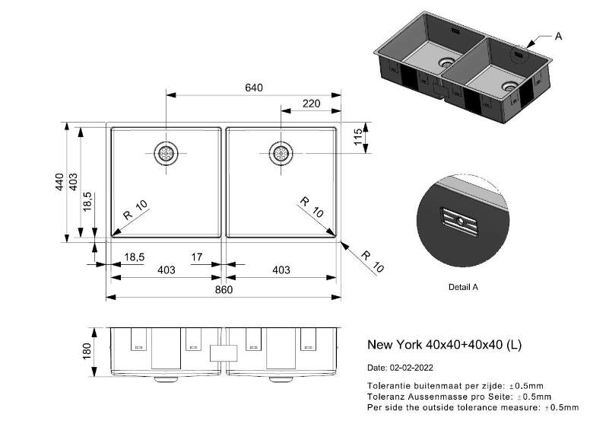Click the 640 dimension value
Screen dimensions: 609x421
pos(254,88)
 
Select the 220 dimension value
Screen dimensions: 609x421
pos(312,104)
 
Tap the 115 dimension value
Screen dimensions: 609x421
pos(358,137)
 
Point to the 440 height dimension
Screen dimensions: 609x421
pos(59,182)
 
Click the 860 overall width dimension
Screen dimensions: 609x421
pos(224,289)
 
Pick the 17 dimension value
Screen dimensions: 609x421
pos(197,257)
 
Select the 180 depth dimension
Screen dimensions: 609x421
pos(87,352)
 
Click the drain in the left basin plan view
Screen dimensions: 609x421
pos(167,153)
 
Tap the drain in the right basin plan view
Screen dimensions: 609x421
pos(281,153)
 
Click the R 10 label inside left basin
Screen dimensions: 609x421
pos(135,209)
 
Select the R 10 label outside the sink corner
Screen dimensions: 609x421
pos(373,262)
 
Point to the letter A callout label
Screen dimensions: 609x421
pos(559,36)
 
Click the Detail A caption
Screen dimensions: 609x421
pos(463,287)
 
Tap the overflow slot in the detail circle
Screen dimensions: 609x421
pos(459,222)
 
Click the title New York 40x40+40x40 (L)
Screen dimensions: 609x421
pos(444,344)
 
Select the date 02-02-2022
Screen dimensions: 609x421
pos(411,368)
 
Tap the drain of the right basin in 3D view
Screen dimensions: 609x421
pos(509,86)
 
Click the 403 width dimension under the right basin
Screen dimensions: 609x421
pos(281,270)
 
